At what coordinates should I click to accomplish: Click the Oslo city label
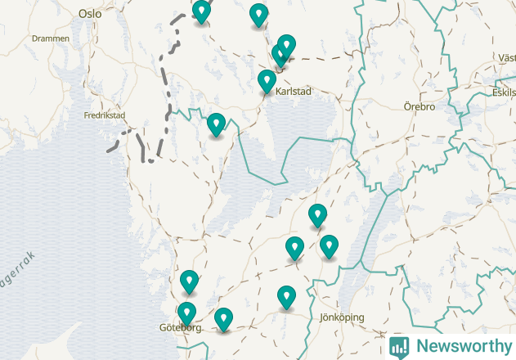pyautogui.click(x=90, y=14)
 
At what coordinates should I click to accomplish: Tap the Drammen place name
pyautogui.click(x=47, y=38)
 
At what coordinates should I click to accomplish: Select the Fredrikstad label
pyautogui.click(x=105, y=115)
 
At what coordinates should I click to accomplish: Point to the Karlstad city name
pyautogui.click(x=294, y=92)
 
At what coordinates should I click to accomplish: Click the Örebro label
pyautogui.click(x=420, y=106)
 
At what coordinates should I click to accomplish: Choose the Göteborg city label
pyautogui.click(x=180, y=328)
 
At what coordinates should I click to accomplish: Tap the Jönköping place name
pyautogui.click(x=342, y=317)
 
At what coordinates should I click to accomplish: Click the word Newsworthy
pyautogui.click(x=461, y=346)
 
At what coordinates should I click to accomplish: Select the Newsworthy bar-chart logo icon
pyautogui.click(x=399, y=346)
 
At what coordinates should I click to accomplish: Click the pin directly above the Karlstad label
pyautogui.click(x=267, y=80)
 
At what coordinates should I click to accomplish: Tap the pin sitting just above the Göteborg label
pyautogui.click(x=187, y=312)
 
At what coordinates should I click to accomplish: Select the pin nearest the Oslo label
pyautogui.click(x=201, y=11)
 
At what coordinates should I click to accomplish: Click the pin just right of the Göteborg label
pyautogui.click(x=223, y=317)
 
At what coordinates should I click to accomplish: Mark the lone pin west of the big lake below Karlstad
pyautogui.click(x=216, y=124)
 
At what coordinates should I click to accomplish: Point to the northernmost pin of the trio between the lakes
pyautogui.click(x=317, y=214)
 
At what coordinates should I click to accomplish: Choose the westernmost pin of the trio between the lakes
pyautogui.click(x=294, y=246)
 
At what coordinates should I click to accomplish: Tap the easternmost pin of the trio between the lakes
pyautogui.click(x=329, y=245)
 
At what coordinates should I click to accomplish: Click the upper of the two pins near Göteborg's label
pyautogui.click(x=190, y=281)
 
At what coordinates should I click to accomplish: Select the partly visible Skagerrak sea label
pyautogui.click(x=16, y=271)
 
